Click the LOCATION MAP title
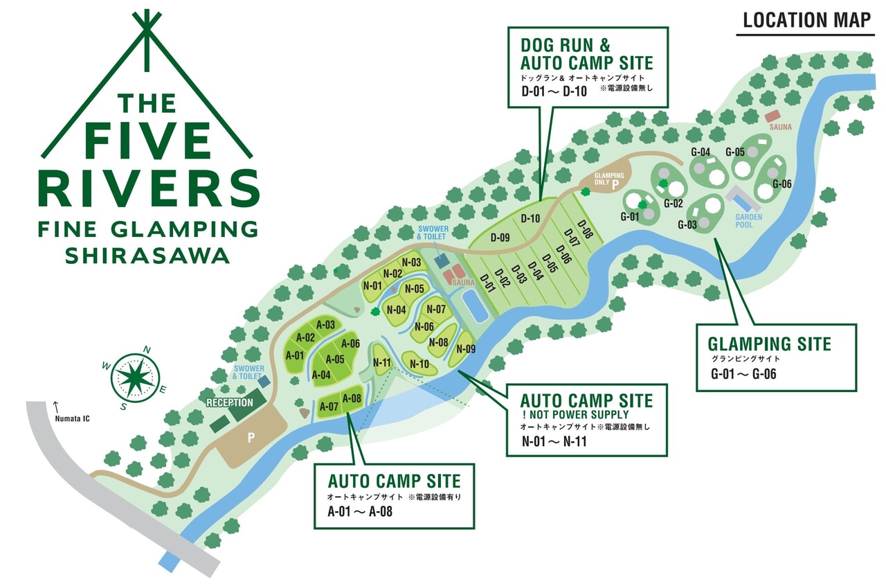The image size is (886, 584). [x=806, y=19]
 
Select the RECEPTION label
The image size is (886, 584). [x=230, y=402]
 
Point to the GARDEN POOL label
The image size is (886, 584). [x=748, y=220]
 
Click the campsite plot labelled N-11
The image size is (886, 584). [x=382, y=362]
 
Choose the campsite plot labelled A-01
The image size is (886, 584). [x=296, y=355]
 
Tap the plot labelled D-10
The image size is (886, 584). [x=530, y=219]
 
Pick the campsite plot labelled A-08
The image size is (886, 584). [x=352, y=399]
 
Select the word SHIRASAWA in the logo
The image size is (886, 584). [x=147, y=256]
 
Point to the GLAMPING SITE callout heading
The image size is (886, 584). [x=769, y=344]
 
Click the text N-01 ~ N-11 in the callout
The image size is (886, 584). [x=554, y=441]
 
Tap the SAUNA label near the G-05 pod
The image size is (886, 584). [x=780, y=127]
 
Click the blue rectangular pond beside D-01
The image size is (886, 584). [x=475, y=305]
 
